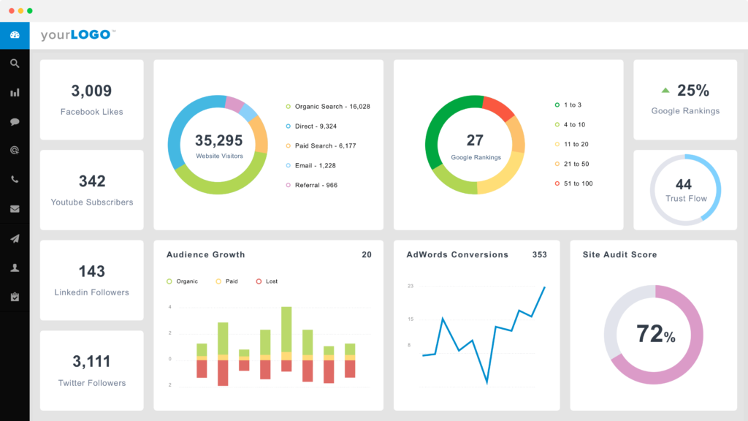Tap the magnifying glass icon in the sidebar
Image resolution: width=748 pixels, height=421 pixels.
pos(15,64)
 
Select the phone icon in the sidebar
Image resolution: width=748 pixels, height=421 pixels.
pos(15,180)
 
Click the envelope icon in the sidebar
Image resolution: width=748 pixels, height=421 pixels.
pos(15,209)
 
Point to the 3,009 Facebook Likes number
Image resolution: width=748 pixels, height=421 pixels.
pos(91,91)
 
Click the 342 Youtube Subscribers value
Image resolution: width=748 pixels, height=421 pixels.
pos(92,181)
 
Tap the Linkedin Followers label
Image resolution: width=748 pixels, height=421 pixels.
pos(92,292)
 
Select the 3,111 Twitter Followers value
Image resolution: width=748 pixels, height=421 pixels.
pos(92,361)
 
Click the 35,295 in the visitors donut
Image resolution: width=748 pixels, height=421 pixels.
pos(218,140)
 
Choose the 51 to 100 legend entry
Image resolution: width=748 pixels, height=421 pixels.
pos(577,183)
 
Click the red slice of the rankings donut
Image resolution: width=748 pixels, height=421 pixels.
pos(499,107)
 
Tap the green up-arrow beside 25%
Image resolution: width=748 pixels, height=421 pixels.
pos(665,91)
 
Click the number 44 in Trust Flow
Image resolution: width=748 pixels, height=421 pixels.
pos(684,184)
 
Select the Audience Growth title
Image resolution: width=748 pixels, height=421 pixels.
pos(206,255)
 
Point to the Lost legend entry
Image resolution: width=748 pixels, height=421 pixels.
pos(271,281)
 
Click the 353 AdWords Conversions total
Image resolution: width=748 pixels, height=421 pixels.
pos(539,255)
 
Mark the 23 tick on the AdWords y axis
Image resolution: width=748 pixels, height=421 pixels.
pos(411,286)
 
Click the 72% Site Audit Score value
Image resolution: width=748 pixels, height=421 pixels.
pos(655,335)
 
